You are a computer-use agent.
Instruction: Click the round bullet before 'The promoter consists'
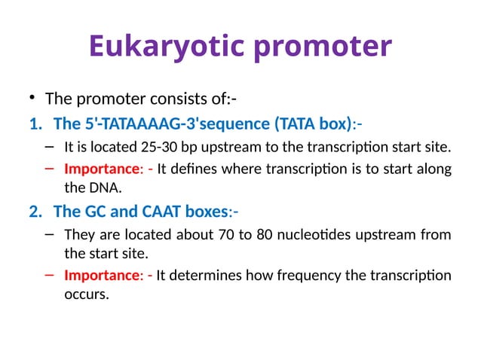click(x=32, y=99)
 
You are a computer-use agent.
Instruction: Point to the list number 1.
click(x=34, y=123)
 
